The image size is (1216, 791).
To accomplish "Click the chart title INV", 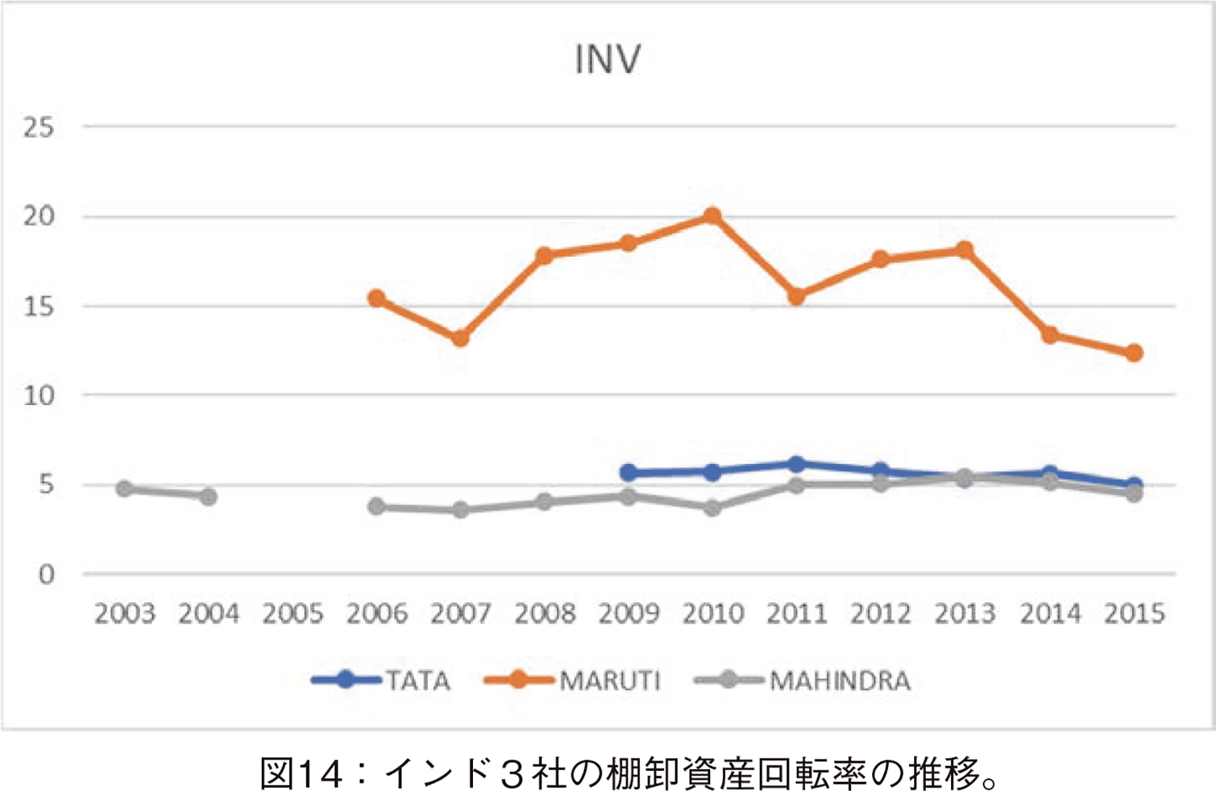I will (x=607, y=59).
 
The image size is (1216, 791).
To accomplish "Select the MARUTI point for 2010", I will (x=712, y=216).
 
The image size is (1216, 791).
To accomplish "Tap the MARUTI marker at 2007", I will (x=460, y=338).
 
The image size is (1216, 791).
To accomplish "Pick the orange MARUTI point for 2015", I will (x=1134, y=353).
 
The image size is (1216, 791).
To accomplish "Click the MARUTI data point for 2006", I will (x=377, y=299).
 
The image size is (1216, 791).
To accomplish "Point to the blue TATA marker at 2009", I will (x=628, y=472).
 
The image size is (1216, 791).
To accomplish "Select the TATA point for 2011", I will (x=797, y=464).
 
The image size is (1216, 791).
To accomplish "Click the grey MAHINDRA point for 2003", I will (x=125, y=489).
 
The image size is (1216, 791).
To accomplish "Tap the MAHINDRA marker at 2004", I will (x=208, y=497).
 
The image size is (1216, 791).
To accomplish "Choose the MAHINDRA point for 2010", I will (x=712, y=508).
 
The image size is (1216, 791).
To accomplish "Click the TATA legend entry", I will (x=381, y=680).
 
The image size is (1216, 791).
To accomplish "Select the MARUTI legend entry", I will (x=572, y=680).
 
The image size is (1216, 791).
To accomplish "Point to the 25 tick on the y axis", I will (x=39, y=127).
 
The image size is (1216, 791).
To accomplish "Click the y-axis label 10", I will (x=39, y=395).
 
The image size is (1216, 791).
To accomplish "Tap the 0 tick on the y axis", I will (x=46, y=574).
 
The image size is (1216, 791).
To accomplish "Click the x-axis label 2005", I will (x=293, y=613).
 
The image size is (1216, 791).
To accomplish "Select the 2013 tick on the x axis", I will (x=965, y=613).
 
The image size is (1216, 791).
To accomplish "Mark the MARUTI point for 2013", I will (x=965, y=250).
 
